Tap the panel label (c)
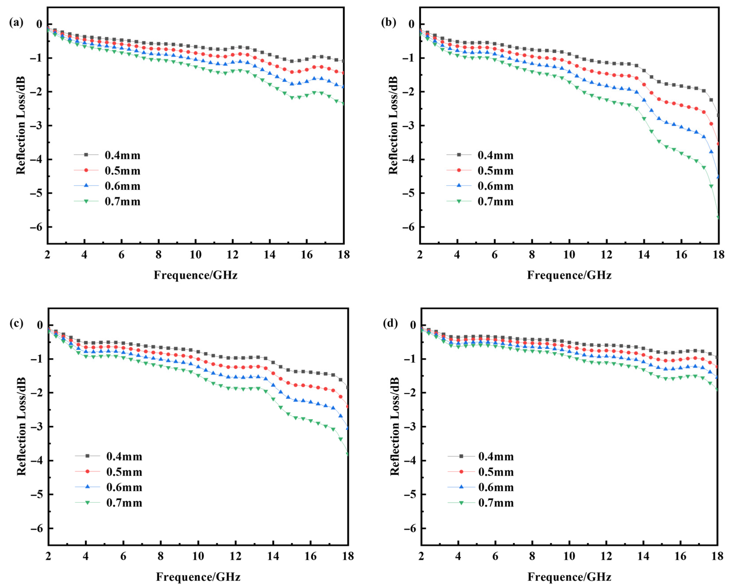16,324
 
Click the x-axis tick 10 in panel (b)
569,254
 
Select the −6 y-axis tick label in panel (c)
37,528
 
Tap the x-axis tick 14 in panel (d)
643,556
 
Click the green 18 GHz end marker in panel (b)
717,217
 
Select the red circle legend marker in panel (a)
86,170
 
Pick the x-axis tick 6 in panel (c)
123,556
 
